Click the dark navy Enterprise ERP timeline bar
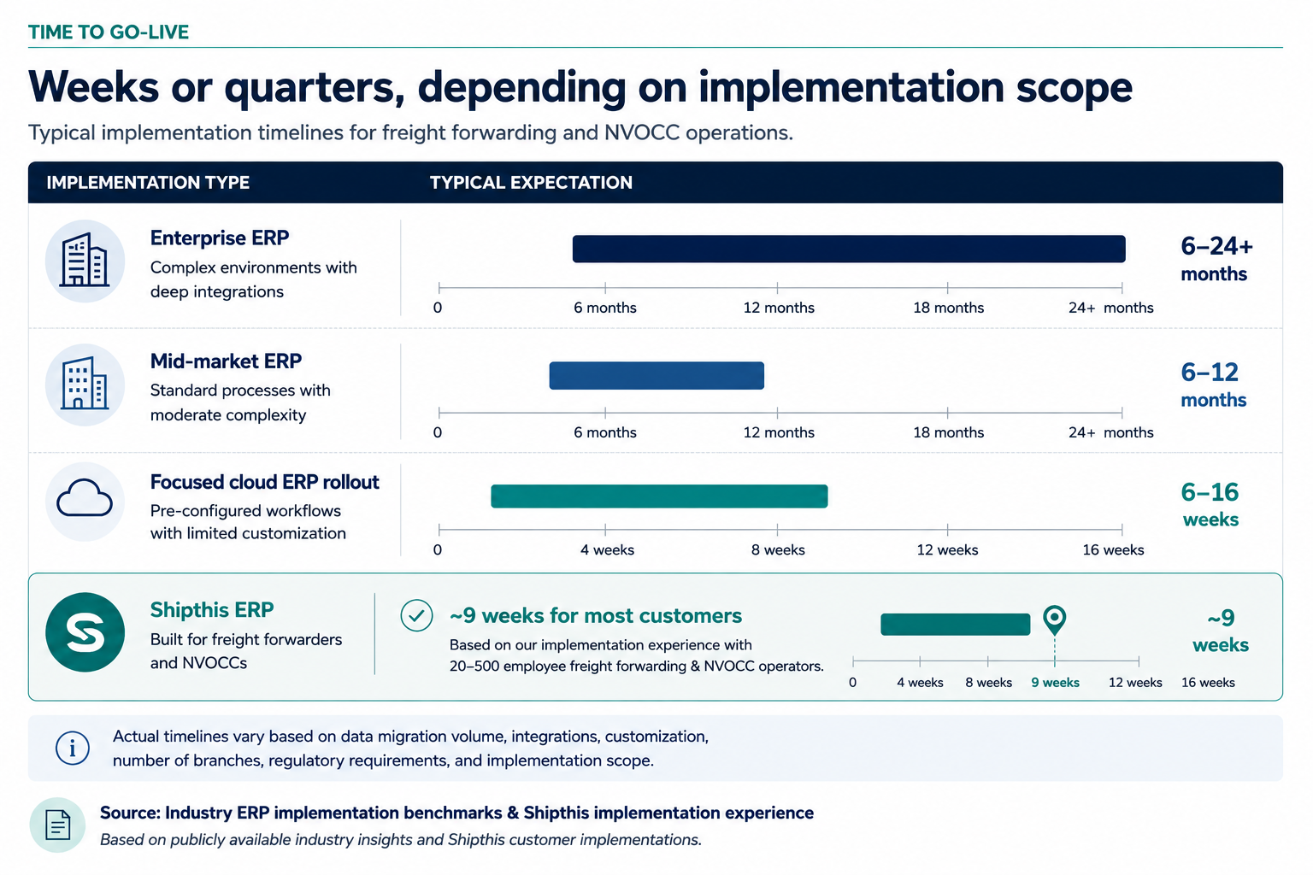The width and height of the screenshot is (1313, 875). coord(849,249)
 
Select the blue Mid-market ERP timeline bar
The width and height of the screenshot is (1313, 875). coord(656,376)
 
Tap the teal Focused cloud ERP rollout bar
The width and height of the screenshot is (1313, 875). coord(659,496)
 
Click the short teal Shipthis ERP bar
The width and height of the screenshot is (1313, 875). coord(956,624)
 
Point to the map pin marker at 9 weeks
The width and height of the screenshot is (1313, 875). coord(1055,619)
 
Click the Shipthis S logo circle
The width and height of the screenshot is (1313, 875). coord(85,632)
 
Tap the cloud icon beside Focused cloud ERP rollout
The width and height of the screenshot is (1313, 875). coord(85,498)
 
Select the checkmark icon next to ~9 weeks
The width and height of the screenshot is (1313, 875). coord(417,615)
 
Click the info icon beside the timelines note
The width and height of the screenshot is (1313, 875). coord(73,749)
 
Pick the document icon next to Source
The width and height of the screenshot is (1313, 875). coord(57,825)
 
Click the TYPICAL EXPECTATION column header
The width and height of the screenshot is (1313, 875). coord(531,183)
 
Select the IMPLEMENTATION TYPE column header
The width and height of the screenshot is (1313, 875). coord(148,183)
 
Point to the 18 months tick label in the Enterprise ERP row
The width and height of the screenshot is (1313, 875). coord(948,308)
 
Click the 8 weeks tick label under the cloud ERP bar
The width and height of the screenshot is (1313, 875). coord(778,549)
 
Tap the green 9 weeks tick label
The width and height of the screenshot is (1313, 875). coord(1055,682)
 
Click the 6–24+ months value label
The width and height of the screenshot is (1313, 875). coord(1216,259)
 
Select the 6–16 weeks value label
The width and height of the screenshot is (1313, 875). coord(1210,505)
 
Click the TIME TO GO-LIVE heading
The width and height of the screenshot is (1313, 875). coord(109,32)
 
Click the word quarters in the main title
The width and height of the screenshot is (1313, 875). coord(315,88)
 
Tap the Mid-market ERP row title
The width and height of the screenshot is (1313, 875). coord(226,361)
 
